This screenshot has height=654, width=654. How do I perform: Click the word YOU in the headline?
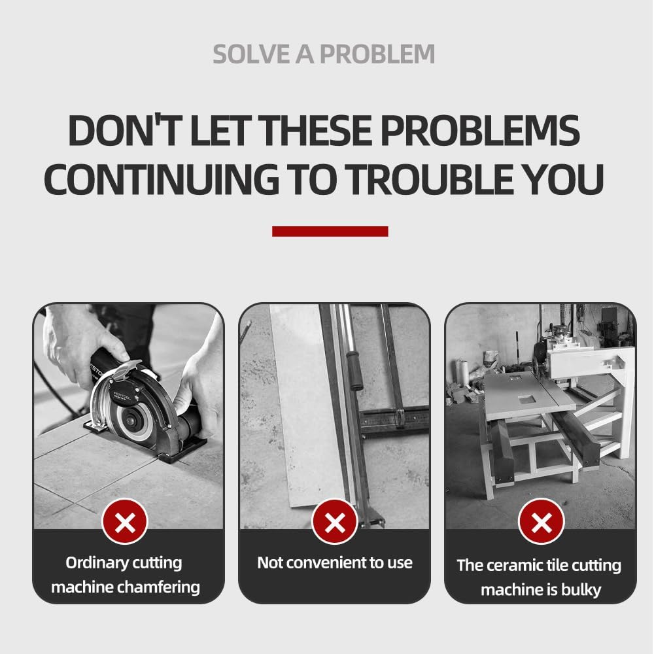click(560, 179)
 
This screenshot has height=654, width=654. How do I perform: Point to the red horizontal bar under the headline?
click(330, 232)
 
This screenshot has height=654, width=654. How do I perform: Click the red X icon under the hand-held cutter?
click(125, 522)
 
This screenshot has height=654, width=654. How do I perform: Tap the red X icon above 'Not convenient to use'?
click(334, 522)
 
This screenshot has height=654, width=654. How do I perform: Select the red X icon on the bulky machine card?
click(541, 522)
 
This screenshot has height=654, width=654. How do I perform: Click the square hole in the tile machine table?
click(526, 399)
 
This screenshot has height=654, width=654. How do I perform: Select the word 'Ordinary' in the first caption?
click(93, 563)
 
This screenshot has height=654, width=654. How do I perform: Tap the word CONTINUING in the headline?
click(162, 179)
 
